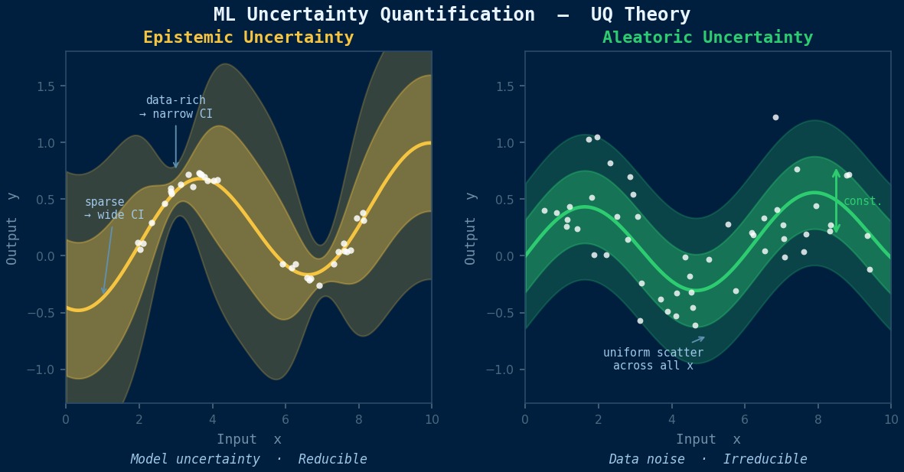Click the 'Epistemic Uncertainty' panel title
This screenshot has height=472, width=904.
pos(248,37)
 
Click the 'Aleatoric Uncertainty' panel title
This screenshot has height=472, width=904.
pos(707,37)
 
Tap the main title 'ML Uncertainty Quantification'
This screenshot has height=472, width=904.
pos(374,15)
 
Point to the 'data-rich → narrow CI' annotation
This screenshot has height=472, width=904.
pos(176,107)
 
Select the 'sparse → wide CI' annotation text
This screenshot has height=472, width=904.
pos(114,209)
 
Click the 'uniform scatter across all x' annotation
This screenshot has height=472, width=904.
pos(653,360)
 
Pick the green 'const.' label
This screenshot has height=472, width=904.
pos(863,202)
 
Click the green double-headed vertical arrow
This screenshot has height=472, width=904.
pos(836,201)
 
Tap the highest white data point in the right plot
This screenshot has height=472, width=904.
pos(775,118)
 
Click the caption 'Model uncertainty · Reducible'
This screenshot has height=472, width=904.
pos(248,459)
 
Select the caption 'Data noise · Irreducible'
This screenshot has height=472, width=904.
pos(707,459)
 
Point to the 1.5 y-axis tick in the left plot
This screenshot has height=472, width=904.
pos(46,86)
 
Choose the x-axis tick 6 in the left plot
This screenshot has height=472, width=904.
pos(286,419)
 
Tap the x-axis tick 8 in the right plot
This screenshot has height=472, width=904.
pos(818,419)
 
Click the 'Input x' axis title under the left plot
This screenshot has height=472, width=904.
pos(248,439)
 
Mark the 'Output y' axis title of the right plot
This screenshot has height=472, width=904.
pos(471,228)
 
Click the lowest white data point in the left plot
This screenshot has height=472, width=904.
pos(319,285)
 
